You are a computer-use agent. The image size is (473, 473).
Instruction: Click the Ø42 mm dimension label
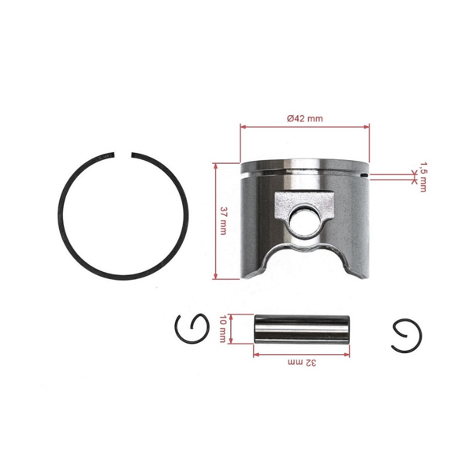[304, 117]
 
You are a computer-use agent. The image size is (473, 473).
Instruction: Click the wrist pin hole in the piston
[302, 220]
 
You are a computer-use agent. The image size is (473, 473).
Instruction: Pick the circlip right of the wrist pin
[407, 335]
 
